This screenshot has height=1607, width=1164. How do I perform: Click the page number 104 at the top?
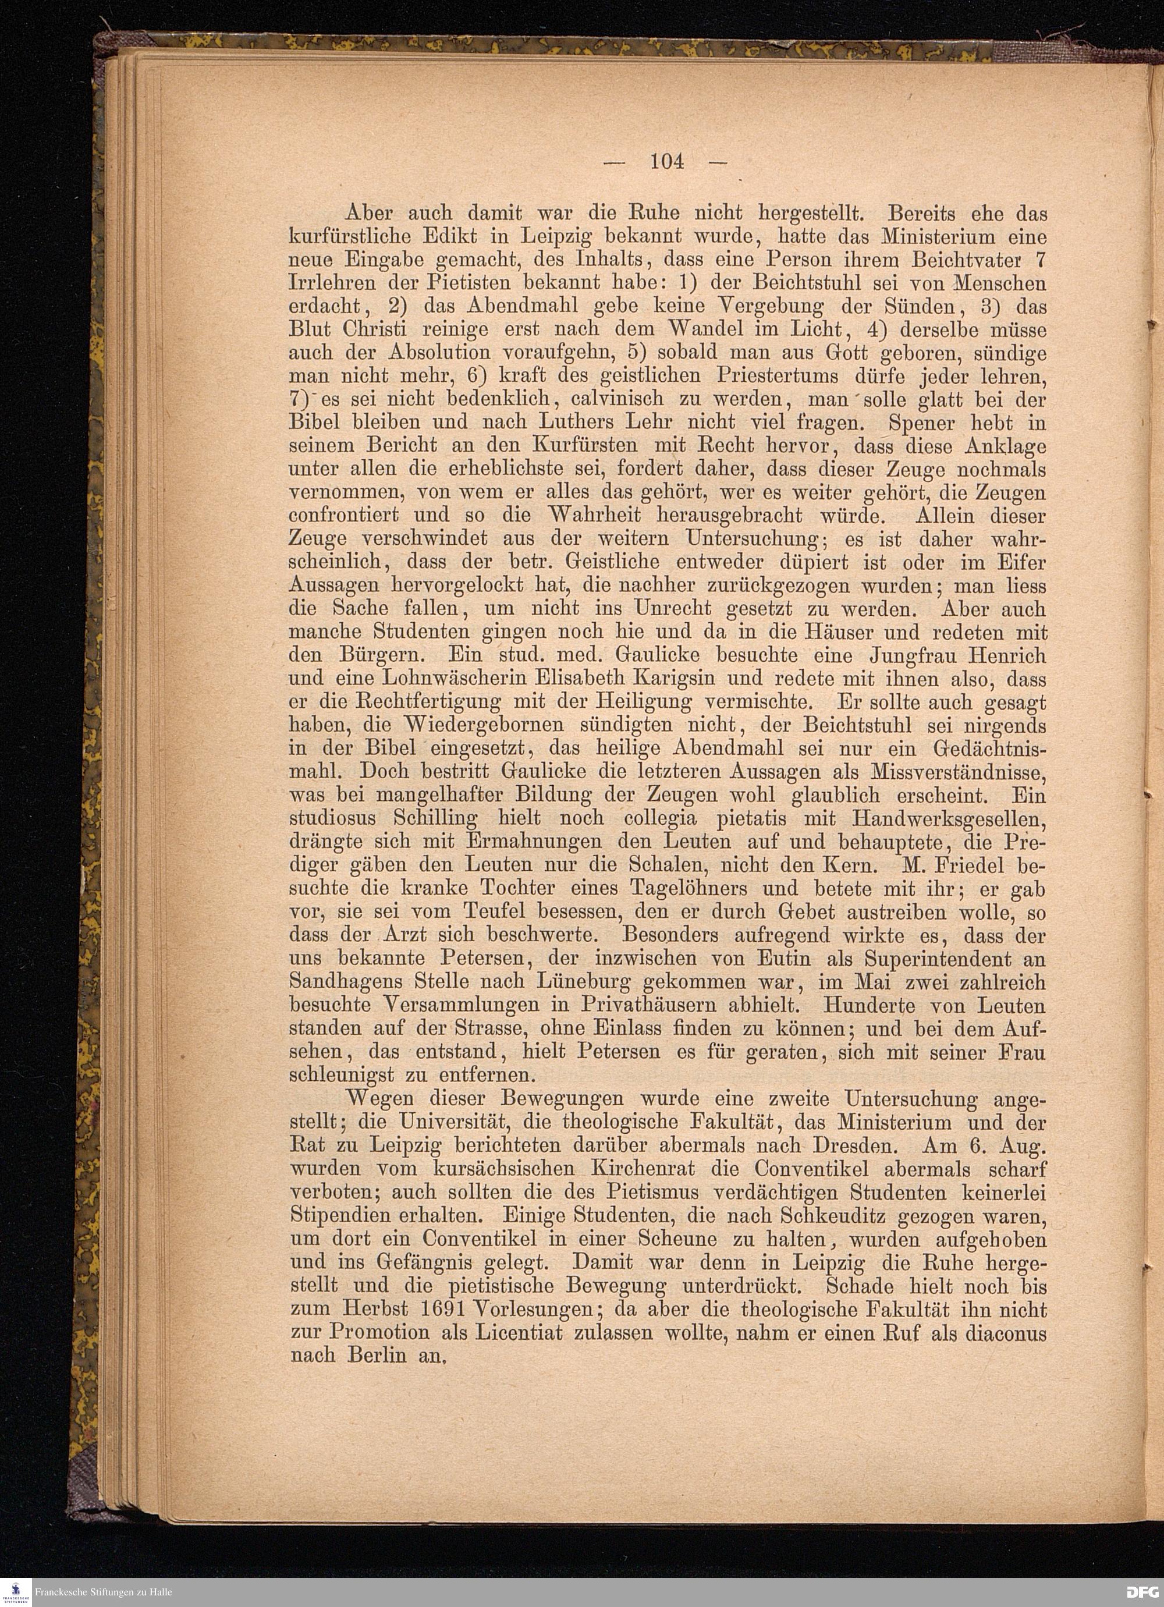(x=668, y=162)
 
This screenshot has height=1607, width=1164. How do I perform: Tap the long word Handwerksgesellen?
(x=949, y=818)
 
